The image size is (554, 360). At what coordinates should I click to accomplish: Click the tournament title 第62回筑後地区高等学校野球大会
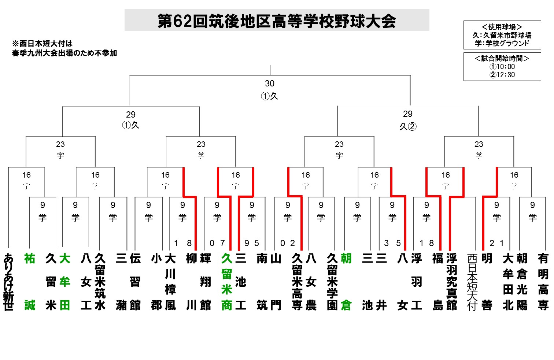tap(277, 21)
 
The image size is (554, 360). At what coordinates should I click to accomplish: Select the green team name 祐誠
tap(30, 282)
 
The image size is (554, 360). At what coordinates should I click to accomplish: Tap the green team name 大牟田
tap(64, 282)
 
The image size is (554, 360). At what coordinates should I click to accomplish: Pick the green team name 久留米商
tap(227, 282)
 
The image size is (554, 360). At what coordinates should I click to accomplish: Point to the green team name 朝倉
tap(346, 282)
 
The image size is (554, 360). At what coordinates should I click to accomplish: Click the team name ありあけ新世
tap(8, 282)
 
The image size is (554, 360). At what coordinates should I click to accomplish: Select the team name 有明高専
tap(543, 282)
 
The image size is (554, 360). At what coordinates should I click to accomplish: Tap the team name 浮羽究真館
tap(452, 282)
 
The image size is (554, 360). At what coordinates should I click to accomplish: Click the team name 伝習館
tap(135, 282)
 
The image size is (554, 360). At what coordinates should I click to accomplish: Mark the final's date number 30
tap(270, 83)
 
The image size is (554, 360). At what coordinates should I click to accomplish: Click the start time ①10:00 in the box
tap(502, 67)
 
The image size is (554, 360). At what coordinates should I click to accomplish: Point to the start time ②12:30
tap(502, 75)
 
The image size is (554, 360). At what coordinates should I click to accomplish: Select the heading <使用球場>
tap(502, 27)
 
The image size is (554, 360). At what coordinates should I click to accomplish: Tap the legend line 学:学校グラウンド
tap(502, 43)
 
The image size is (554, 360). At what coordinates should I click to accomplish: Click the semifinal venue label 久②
tap(408, 126)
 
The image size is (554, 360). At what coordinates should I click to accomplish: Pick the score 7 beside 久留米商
tap(222, 243)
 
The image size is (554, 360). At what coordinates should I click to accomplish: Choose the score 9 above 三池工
tap(247, 243)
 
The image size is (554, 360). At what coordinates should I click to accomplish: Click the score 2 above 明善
tap(492, 243)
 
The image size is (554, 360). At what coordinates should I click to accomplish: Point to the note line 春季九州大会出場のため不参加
tap(64, 53)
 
